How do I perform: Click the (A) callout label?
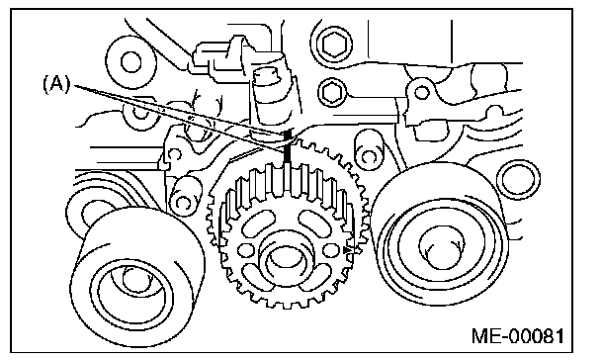click(56, 84)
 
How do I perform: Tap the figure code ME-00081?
click(518, 336)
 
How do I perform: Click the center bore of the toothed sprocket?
click(284, 262)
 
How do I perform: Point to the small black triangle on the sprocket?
click(347, 250)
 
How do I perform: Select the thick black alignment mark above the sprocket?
click(288, 149)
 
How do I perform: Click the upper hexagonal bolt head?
click(335, 44)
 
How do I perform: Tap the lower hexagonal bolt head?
click(332, 92)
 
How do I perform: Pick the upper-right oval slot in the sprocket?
click(313, 225)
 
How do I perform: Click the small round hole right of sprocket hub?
click(330, 250)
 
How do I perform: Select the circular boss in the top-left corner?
click(130, 61)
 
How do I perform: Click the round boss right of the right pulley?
click(518, 179)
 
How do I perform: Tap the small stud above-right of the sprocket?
click(368, 150)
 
